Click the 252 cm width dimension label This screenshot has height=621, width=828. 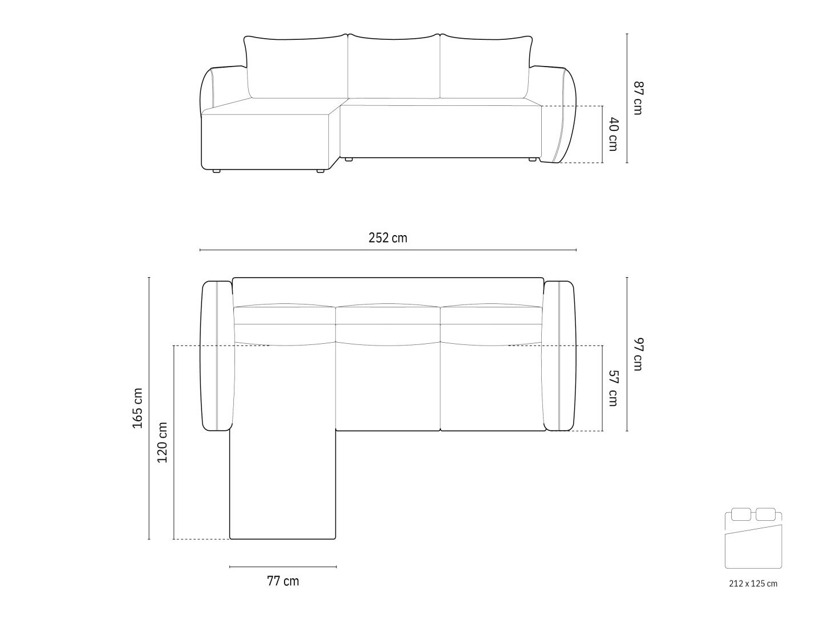(388, 238)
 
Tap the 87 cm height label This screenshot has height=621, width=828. (638, 98)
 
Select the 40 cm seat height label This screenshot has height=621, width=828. (613, 134)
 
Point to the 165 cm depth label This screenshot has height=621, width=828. (138, 408)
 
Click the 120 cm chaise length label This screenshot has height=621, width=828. (163, 442)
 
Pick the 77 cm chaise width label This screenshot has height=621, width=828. (283, 581)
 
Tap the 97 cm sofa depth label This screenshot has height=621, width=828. (638, 354)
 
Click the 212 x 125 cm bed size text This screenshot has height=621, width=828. (753, 583)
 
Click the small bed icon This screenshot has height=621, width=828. (753, 538)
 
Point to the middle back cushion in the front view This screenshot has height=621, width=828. (394, 65)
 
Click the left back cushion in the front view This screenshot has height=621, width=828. (296, 67)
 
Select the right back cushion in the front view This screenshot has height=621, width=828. (487, 67)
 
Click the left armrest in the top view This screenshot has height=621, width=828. (217, 356)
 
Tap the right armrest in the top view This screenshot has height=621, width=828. (559, 356)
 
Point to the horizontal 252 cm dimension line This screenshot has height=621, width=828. (388, 250)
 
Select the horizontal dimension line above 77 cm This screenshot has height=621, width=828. (283, 567)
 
